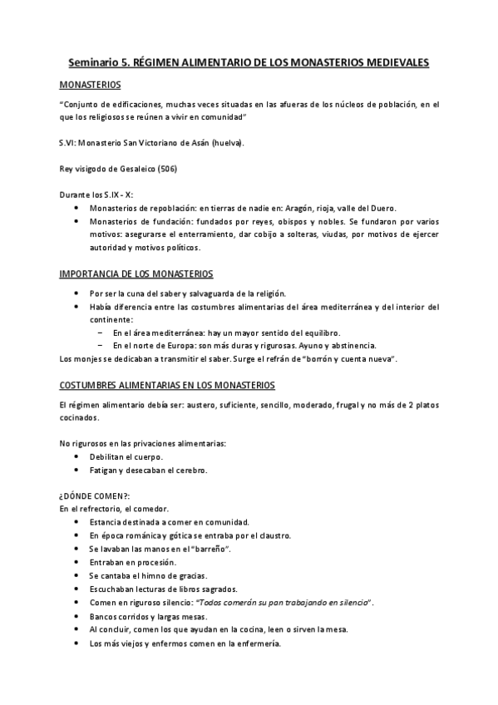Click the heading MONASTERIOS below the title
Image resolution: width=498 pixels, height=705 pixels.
90,85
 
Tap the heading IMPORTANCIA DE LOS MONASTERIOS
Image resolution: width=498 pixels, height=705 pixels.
136,273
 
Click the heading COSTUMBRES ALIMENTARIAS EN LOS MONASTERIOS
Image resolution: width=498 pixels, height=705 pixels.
162,385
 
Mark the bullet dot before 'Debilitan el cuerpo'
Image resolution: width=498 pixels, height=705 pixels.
76,457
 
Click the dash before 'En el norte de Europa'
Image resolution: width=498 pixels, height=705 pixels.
100,345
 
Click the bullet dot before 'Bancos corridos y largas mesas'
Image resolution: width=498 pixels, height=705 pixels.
76,616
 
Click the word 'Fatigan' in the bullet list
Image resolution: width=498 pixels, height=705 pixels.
103,471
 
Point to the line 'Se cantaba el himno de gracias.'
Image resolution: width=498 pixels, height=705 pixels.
148,576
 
